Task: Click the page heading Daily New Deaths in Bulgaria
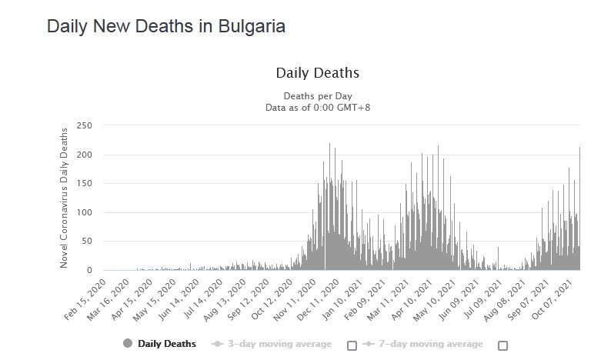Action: [166, 26]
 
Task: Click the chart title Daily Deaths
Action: [317, 74]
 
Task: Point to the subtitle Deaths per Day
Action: [317, 96]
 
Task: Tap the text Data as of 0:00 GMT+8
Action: [317, 108]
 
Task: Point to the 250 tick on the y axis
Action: [85, 125]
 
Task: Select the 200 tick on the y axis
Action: [85, 155]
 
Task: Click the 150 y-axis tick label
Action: [85, 184]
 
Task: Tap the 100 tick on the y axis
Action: [85, 212]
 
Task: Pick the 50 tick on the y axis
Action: [87, 242]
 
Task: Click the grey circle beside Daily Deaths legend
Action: [128, 344]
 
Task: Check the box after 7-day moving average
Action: [502, 345]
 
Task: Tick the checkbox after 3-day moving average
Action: [352, 345]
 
